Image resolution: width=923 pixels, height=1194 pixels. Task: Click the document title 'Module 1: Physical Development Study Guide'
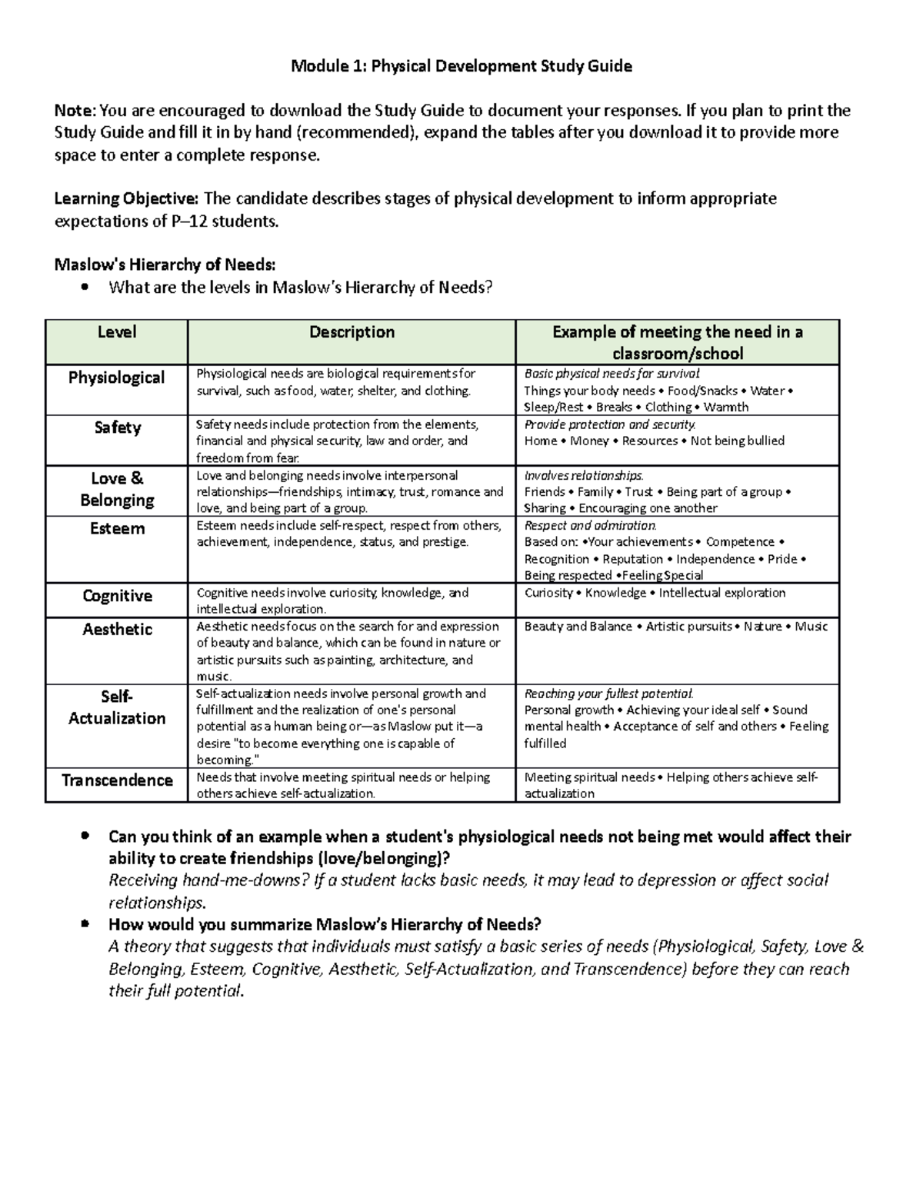coord(461,66)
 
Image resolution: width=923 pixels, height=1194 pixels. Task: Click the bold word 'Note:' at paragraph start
coord(75,111)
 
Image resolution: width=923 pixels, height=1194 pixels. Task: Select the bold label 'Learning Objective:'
coord(126,199)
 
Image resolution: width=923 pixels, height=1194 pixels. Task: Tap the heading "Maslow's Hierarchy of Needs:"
coord(164,265)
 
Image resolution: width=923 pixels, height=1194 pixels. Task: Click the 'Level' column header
coord(116,332)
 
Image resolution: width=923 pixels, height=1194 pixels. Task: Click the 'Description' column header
coord(352,332)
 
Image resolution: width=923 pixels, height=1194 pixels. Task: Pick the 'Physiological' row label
coord(116,377)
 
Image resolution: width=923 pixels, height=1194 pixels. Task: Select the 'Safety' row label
coord(117,427)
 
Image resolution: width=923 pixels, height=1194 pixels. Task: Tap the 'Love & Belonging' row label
coord(117,489)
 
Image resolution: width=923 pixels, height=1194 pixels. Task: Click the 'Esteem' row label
coord(117,529)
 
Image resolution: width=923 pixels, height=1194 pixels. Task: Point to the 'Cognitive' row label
coord(117,596)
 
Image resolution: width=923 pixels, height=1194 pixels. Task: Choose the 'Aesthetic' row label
coord(117,630)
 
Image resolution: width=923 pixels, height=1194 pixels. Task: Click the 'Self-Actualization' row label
coord(117,707)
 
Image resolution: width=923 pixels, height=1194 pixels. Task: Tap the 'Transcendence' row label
coord(117,780)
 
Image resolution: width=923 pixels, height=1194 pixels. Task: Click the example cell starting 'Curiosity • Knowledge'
coord(655,593)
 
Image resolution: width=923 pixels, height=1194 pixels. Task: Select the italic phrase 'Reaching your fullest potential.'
coord(608,693)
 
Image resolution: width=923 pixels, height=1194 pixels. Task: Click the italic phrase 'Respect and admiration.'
coord(590,526)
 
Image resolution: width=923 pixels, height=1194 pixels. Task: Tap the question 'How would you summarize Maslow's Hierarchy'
coord(325,924)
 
